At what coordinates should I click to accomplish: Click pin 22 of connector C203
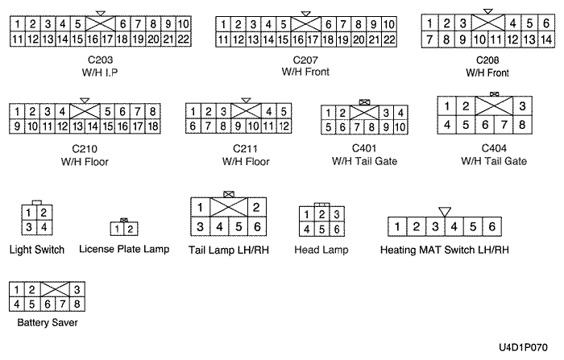pyautogui.click(x=184, y=39)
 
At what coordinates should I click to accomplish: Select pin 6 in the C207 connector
pyautogui.click(x=328, y=24)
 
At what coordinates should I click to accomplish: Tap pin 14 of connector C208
pyautogui.click(x=546, y=39)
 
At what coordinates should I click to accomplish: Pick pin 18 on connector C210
pyautogui.click(x=153, y=126)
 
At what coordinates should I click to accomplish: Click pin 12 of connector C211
pyautogui.click(x=284, y=126)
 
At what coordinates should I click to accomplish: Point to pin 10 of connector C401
pyautogui.click(x=400, y=127)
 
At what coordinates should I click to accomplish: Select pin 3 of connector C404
pyautogui.click(x=522, y=106)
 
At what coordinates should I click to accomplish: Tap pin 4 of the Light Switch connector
pyautogui.click(x=44, y=227)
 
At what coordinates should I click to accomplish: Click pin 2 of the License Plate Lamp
pyautogui.click(x=131, y=229)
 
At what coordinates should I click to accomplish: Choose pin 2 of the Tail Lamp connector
pyautogui.click(x=257, y=207)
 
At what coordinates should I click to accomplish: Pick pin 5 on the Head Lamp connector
pyautogui.click(x=322, y=229)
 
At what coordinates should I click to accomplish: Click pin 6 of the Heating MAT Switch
pyautogui.click(x=491, y=226)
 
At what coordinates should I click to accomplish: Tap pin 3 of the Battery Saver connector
pyautogui.click(x=77, y=289)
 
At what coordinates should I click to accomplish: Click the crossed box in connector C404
pyautogui.click(x=494, y=106)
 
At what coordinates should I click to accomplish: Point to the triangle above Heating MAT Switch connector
pyautogui.click(x=445, y=212)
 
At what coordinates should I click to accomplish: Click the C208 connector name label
pyautogui.click(x=487, y=60)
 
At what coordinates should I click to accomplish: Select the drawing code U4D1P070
pyautogui.click(x=523, y=347)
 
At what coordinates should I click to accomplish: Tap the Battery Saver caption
pyautogui.click(x=48, y=322)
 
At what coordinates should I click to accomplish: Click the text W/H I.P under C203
pyautogui.click(x=100, y=72)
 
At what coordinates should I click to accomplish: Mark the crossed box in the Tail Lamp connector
pyautogui.click(x=229, y=207)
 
